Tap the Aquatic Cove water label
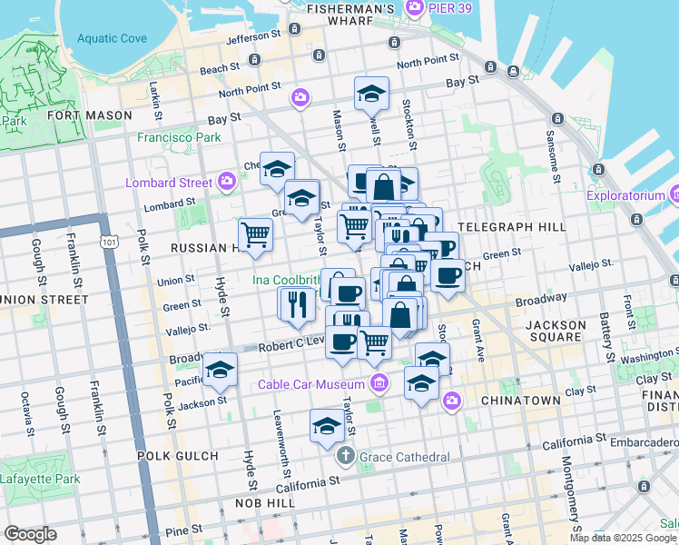point(112,38)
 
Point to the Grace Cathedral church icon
point(345,455)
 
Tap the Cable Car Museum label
point(310,384)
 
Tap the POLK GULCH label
point(177,455)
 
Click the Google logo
point(30,534)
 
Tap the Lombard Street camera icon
point(228,183)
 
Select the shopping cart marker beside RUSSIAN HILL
point(256,234)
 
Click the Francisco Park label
point(179,137)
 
